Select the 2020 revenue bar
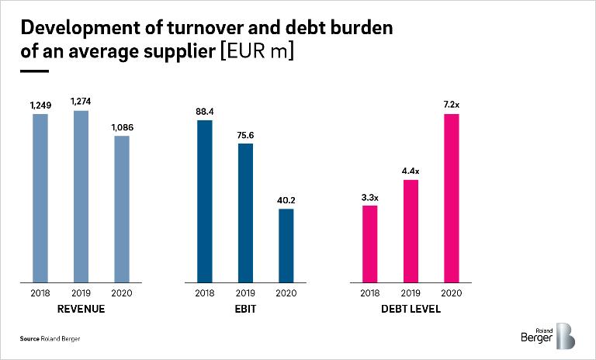point(121,208)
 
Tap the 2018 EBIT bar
point(205,200)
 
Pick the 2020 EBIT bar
point(286,244)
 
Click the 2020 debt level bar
point(451,197)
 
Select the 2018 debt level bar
point(370,243)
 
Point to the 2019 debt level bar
point(411,230)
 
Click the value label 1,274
point(81,100)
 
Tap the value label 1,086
point(121,126)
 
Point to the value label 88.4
point(205,111)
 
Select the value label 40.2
point(286,200)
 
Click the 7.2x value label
point(451,105)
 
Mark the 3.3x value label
point(370,196)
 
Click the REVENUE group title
point(81,309)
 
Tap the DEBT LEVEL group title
point(411,309)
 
